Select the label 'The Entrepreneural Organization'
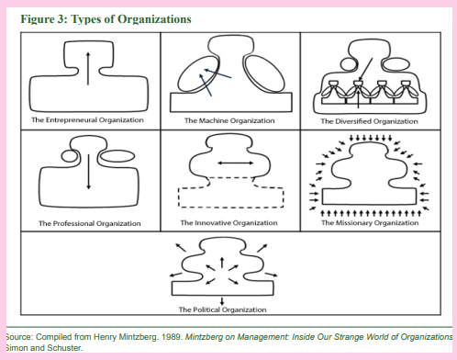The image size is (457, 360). click(89, 120)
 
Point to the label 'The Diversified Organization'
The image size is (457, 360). click(369, 120)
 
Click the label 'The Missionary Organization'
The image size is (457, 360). click(369, 223)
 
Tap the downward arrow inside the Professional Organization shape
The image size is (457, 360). click(88, 174)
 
